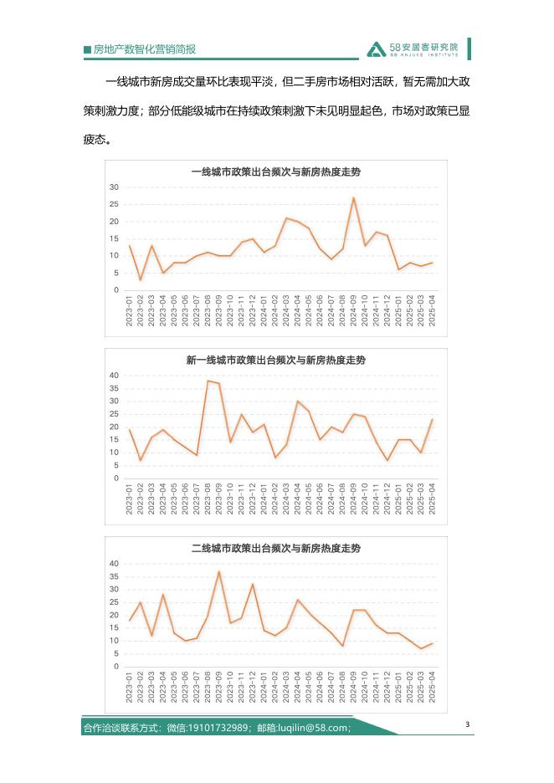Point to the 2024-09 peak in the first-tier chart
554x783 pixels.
tap(353, 198)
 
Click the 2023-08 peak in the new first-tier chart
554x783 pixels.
tap(207, 381)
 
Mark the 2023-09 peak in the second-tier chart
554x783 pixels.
tap(218, 571)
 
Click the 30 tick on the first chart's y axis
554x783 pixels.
tap(115, 187)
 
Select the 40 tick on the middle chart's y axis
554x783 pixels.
tap(115, 376)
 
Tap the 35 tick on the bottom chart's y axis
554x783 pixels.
tap(115, 576)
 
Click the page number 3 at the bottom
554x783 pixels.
tap(468, 724)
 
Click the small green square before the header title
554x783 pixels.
tap(87, 50)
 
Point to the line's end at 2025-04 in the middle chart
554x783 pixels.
tap(432, 419)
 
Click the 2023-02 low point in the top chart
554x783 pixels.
tap(140, 279)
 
